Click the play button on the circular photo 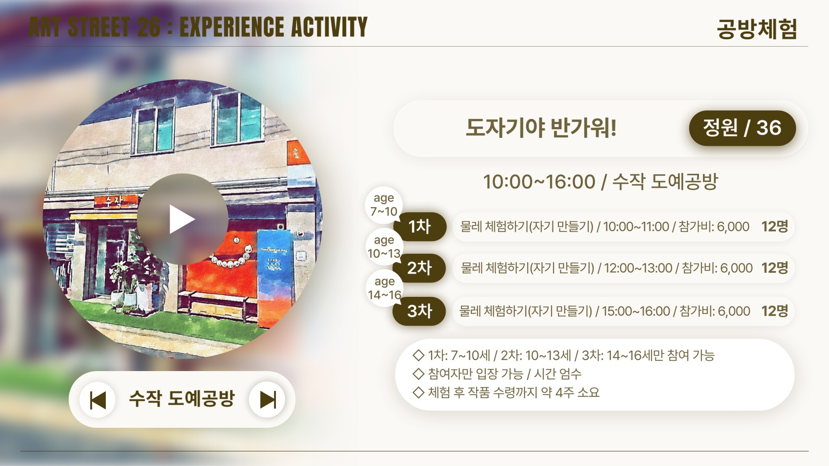click(182, 219)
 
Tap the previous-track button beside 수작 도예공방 click(98, 400)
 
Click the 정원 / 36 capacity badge click(742, 128)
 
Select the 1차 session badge click(420, 227)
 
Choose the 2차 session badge click(419, 268)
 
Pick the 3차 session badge click(419, 311)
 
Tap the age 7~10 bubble click(384, 205)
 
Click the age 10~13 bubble click(384, 247)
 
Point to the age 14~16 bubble click(384, 288)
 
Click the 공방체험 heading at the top click(757, 29)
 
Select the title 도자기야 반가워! click(541, 128)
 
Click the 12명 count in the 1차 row click(775, 227)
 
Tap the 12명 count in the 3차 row click(775, 311)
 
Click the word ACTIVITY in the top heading click(329, 27)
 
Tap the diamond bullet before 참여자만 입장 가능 click(418, 374)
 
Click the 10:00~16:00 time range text click(539, 182)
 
